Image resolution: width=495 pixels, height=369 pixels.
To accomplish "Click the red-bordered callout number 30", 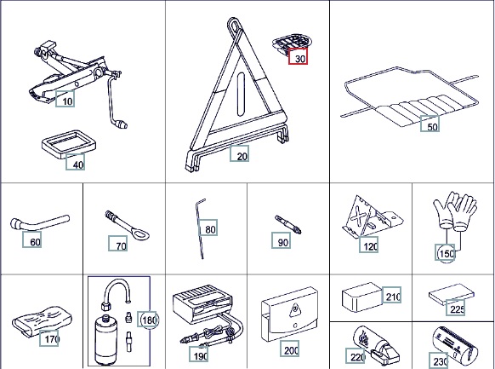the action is [298, 55].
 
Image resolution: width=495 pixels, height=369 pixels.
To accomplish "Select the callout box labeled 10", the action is [65, 99].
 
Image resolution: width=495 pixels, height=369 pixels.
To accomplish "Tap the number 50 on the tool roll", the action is [430, 124].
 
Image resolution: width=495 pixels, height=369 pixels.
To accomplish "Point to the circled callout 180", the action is [148, 320].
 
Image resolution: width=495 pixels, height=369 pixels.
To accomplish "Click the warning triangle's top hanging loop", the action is [234, 25].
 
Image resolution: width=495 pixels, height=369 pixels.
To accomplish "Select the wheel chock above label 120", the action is [372, 217].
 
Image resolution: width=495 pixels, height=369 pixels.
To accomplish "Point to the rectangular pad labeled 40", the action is [69, 144].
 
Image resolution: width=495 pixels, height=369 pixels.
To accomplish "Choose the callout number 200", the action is [289, 349].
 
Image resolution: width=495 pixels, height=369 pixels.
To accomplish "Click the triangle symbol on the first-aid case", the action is [295, 310].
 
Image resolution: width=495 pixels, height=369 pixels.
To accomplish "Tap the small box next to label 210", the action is [362, 297].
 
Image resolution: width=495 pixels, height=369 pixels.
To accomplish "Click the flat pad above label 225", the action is [452, 294].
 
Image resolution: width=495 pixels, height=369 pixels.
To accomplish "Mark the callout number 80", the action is [208, 228].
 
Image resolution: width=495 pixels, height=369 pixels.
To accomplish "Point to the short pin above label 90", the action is [288, 224].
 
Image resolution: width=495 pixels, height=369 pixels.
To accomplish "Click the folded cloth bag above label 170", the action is [42, 320].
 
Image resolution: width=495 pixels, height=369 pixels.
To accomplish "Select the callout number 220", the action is [356, 356].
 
